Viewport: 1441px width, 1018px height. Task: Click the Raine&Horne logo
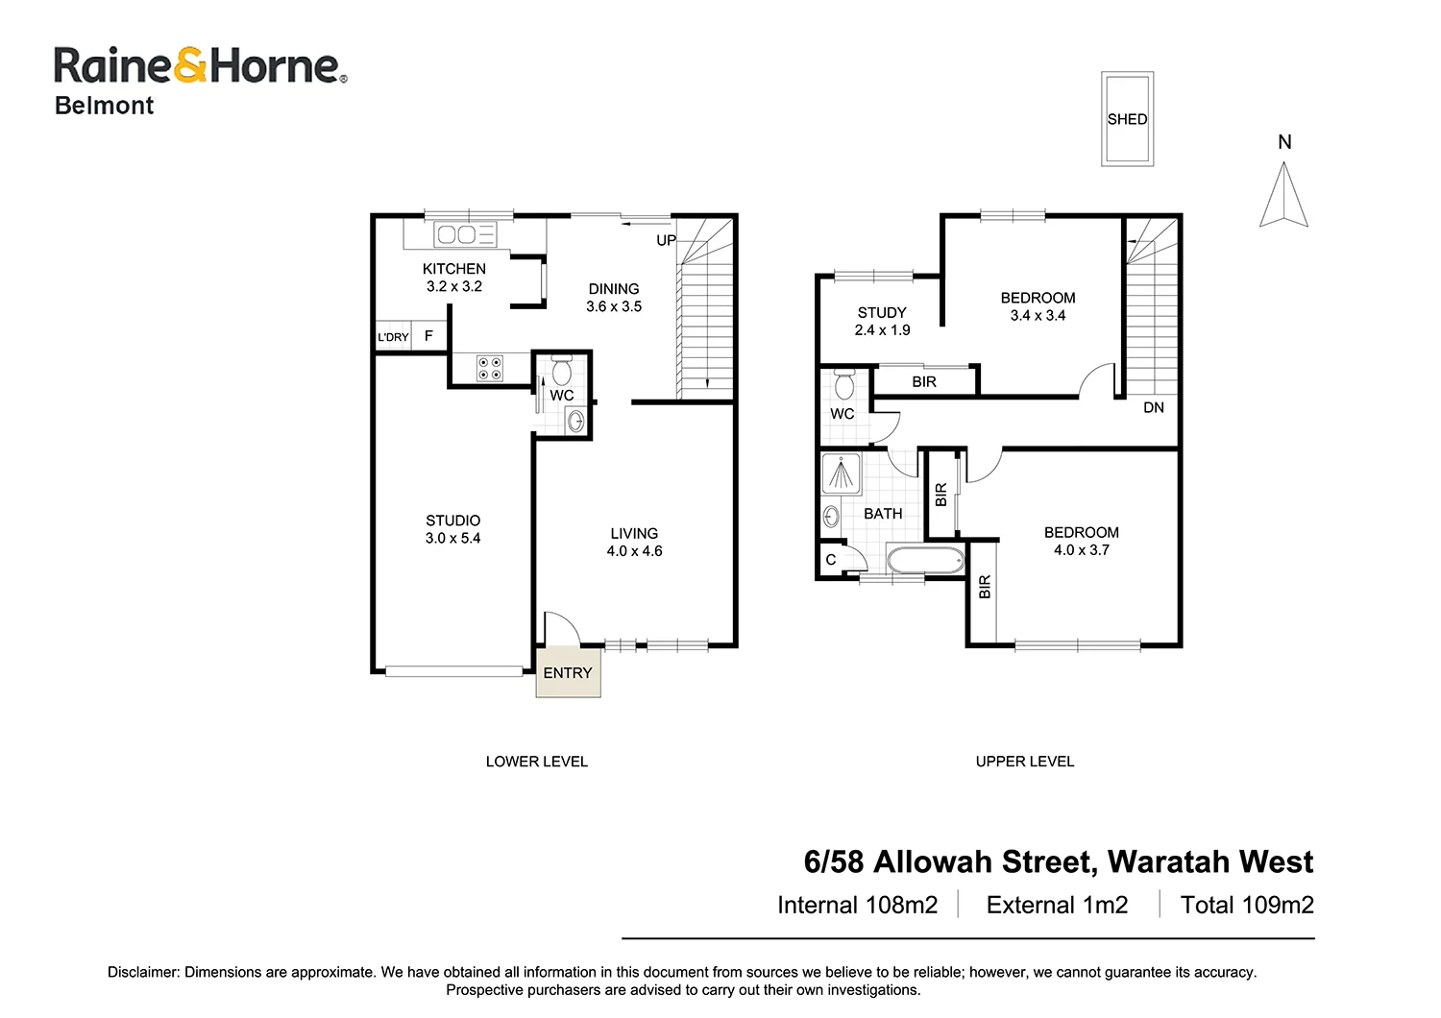pos(200,66)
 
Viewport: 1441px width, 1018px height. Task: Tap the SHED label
pos(1127,119)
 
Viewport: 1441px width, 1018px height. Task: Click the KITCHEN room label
pos(454,269)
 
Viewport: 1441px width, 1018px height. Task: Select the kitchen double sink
pos(456,234)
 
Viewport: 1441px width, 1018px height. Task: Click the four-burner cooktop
pos(490,369)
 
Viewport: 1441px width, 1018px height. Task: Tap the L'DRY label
pos(393,337)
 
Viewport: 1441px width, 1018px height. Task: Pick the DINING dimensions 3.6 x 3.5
pos(614,306)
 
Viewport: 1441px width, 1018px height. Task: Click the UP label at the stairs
pos(666,240)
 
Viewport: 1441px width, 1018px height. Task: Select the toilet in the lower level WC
pos(562,370)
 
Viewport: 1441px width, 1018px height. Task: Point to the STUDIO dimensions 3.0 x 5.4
pos(452,538)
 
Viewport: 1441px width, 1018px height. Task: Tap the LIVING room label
pos(634,533)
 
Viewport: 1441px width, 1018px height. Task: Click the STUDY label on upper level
pos(882,312)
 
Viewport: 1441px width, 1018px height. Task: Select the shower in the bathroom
pos(842,473)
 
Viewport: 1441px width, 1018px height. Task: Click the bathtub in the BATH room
pos(924,560)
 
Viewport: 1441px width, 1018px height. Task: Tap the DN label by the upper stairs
pos(1154,407)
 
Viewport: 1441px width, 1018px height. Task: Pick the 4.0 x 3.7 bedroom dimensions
pos(1081,550)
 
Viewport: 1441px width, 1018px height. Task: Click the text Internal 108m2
pos(857,905)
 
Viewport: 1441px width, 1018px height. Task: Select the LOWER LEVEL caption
pos(536,762)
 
